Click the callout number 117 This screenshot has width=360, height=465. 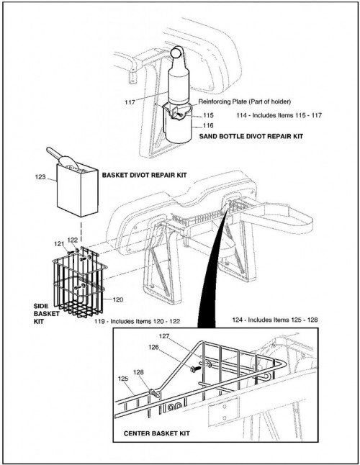130,102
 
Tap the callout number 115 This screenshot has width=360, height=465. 208,115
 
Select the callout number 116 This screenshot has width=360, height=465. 208,125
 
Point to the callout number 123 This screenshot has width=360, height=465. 40,177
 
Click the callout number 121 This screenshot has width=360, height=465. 59,244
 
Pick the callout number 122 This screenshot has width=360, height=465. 73,240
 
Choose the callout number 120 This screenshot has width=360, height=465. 118,299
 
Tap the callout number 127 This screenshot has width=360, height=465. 164,336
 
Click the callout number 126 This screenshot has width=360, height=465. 153,347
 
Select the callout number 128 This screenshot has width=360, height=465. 138,372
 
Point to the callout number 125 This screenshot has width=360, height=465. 123,379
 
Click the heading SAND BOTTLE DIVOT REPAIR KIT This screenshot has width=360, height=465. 251,137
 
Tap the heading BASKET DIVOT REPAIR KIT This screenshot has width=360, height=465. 145,175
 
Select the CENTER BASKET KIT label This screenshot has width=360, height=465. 156,433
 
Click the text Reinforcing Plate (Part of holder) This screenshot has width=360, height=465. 245,101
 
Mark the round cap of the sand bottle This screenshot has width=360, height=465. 176,53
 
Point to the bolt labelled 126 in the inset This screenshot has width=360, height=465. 196,369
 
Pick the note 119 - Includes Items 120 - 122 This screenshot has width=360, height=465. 138,321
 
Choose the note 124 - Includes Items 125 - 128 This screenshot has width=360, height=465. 275,320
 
